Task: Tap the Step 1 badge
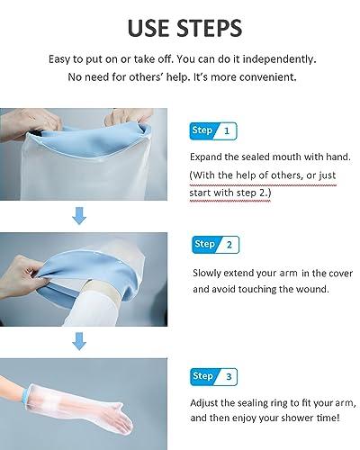pos(213,130)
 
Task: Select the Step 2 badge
pos(213,244)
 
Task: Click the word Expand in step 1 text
pos(210,155)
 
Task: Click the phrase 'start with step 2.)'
pos(233,192)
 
